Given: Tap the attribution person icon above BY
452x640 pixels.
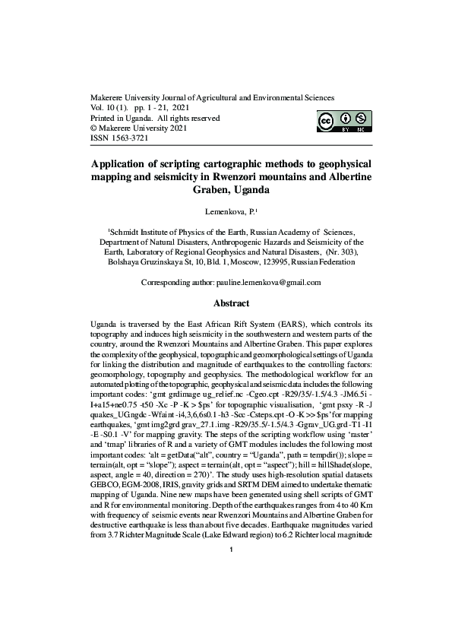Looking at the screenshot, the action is coord(346,119).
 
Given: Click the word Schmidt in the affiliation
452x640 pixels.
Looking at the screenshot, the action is coord(128,228).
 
